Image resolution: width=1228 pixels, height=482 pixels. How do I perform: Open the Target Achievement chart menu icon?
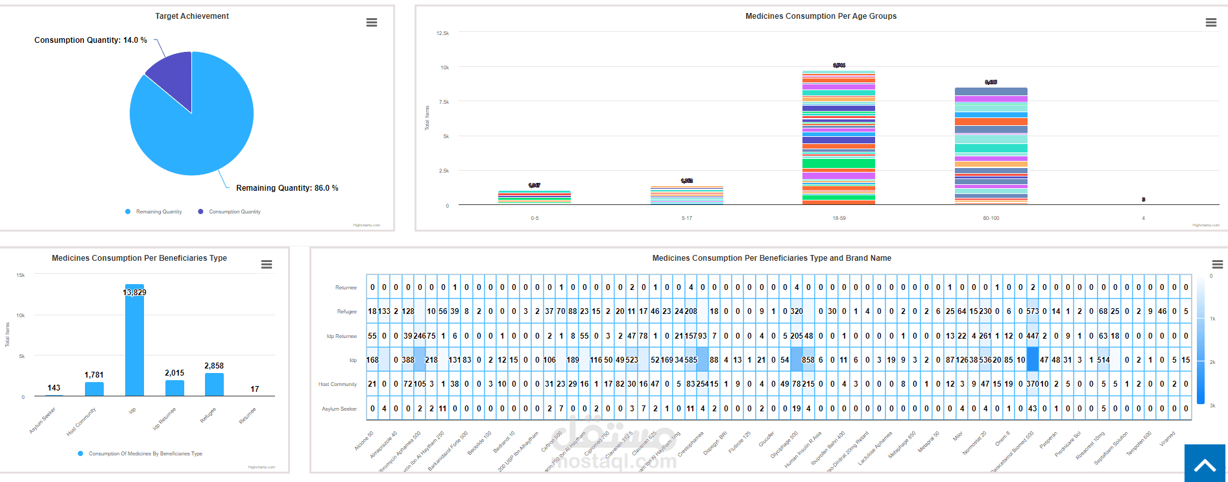372,23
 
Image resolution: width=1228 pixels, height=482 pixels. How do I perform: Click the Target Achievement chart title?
192,16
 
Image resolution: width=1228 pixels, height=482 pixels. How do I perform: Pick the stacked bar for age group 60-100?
991,146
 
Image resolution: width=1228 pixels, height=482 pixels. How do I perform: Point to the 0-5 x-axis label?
535,218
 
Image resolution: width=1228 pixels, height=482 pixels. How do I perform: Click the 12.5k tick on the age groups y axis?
442,33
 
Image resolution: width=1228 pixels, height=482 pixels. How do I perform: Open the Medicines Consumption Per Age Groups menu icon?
1210,23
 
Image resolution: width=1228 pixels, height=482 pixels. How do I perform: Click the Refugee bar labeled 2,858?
214,384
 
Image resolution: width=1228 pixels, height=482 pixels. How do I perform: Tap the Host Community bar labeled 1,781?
94,389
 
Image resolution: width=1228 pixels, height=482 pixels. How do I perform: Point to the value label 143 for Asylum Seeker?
54,388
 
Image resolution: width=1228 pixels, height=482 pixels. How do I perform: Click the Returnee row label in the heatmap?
346,287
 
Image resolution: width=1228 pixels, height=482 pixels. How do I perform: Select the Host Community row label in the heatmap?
337,384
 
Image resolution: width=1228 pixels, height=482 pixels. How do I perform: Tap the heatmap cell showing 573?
1033,311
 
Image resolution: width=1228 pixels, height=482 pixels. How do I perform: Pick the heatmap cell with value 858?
808,360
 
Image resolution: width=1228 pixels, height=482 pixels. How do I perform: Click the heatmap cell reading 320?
797,311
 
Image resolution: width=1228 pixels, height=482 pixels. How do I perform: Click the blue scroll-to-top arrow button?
1205,463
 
